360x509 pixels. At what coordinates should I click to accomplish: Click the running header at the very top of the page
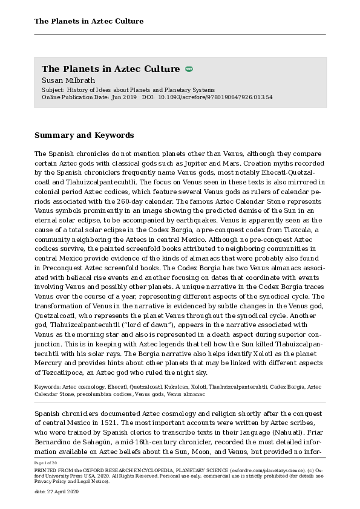click(89, 21)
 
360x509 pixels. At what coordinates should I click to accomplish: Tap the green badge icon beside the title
click(189, 69)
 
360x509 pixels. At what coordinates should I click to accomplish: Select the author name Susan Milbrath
click(68, 80)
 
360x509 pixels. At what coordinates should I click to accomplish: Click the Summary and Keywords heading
click(84, 135)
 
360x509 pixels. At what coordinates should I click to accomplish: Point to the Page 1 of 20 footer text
click(46, 462)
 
